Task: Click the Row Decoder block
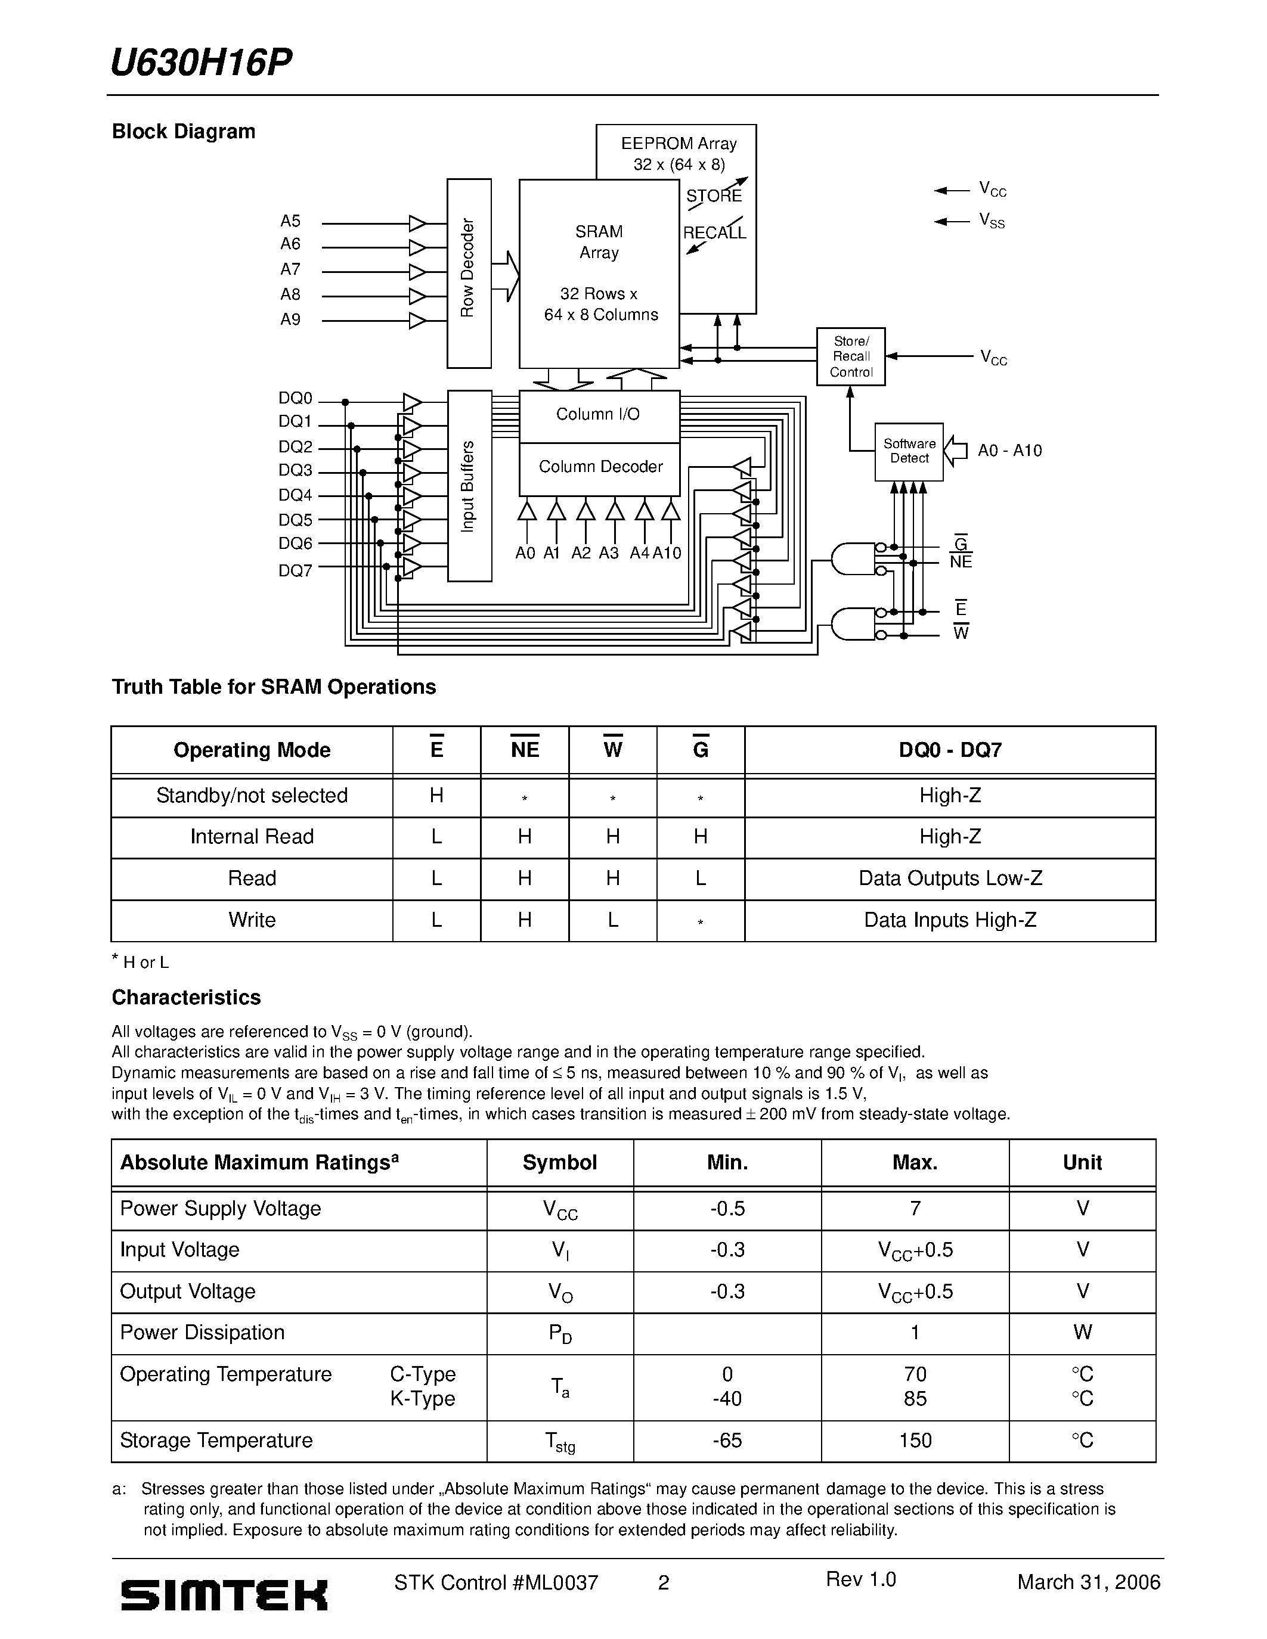pos(469,273)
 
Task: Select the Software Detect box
pos(909,451)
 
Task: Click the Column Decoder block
pos(600,467)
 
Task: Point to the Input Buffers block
pos(469,486)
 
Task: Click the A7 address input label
pos(290,269)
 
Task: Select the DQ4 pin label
pos(295,495)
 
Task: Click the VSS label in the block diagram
pos(992,221)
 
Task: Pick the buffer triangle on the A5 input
pos(417,223)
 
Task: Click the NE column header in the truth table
pos(525,750)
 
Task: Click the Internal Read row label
pos(252,837)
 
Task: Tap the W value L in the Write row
pos(612,920)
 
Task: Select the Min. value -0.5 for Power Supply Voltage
pos(727,1208)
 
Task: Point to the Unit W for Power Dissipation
pos(1082,1332)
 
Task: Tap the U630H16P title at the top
pos(201,63)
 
